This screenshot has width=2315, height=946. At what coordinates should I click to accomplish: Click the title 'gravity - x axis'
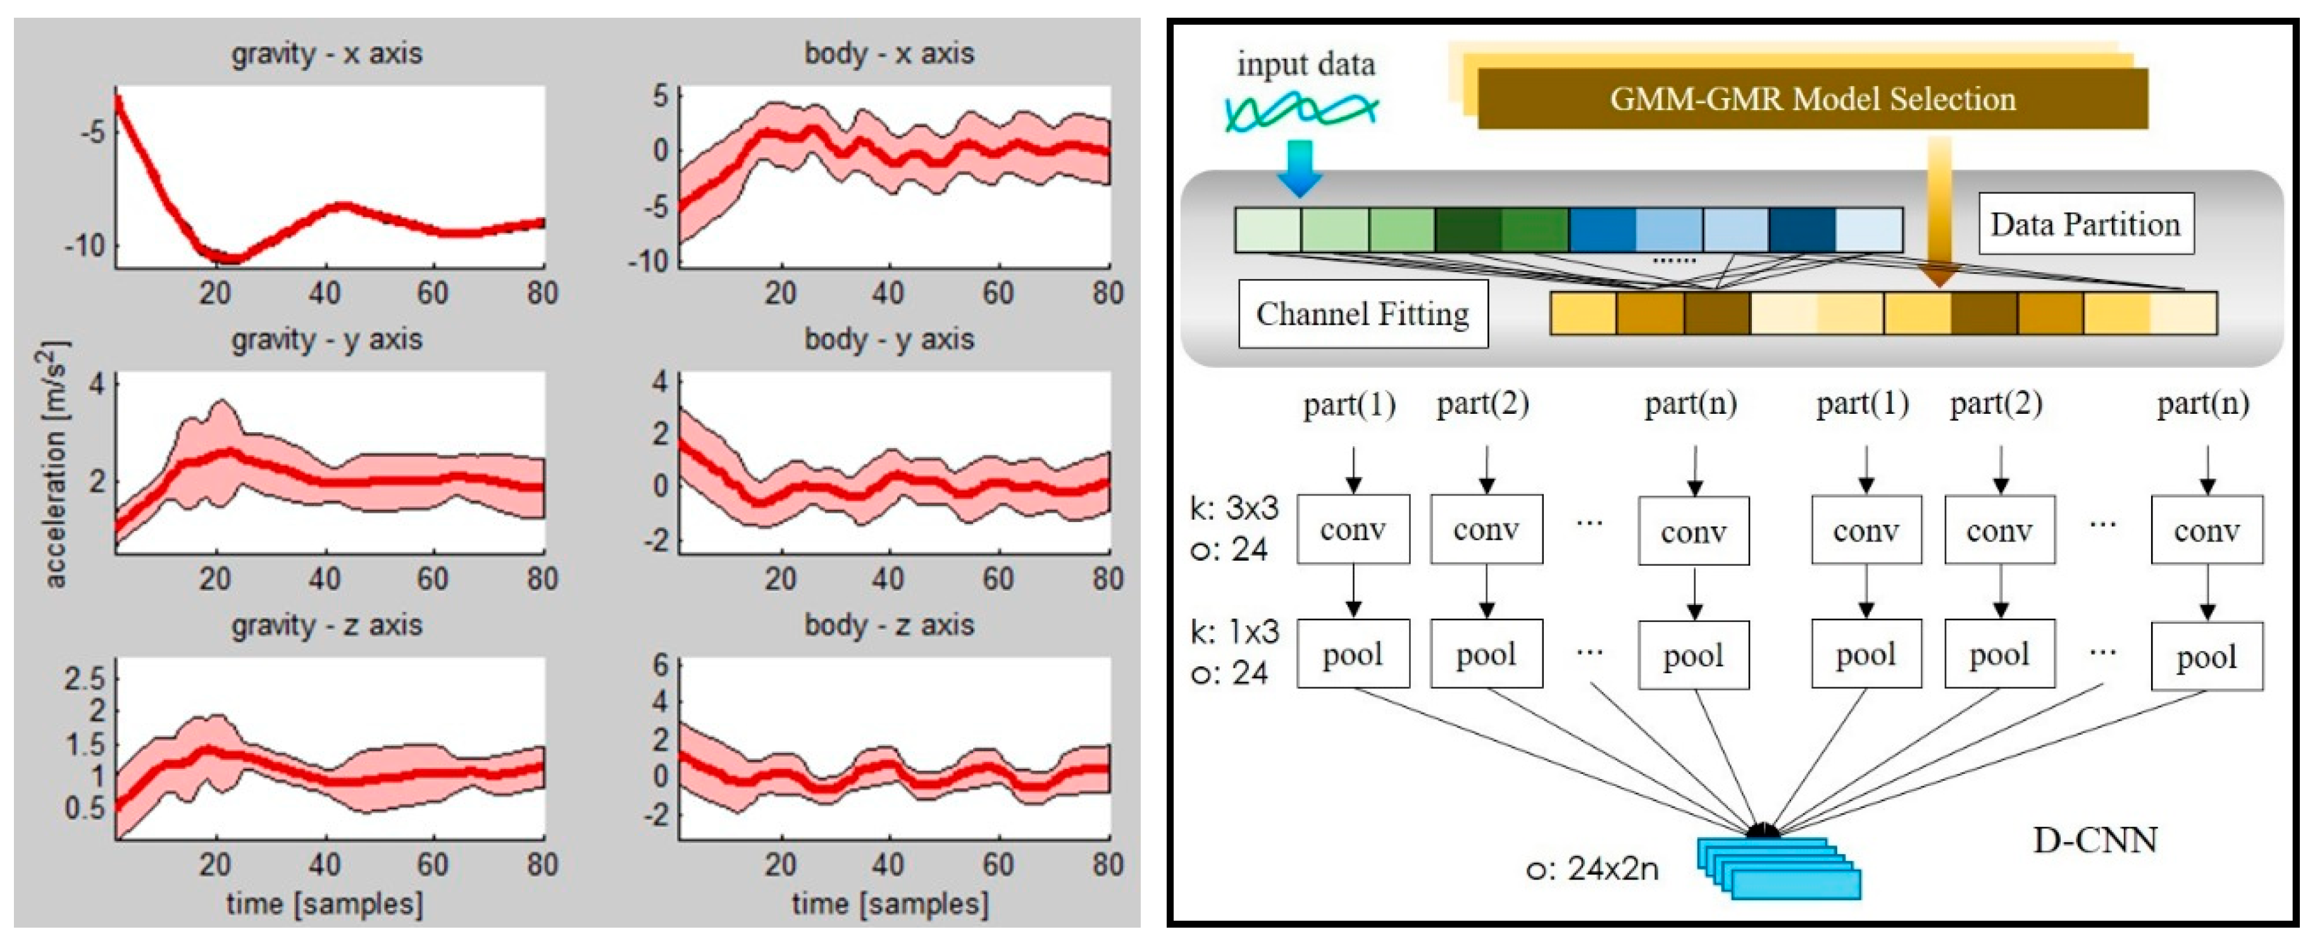point(326,54)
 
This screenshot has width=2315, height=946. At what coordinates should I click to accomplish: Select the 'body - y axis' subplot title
point(889,340)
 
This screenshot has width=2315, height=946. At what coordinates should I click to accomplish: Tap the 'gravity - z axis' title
point(326,625)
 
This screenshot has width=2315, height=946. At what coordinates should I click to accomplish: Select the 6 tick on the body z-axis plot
point(661,666)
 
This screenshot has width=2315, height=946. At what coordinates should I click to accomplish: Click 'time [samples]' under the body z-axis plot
point(889,904)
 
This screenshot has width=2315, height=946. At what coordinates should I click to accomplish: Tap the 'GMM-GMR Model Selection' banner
point(1812,99)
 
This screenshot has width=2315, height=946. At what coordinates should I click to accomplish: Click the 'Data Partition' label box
point(2085,224)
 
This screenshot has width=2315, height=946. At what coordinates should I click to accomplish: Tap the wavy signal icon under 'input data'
point(1301,112)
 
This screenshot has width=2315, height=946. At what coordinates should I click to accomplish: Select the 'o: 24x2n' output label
point(1592,869)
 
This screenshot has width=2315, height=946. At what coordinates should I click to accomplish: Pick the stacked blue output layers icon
point(1778,867)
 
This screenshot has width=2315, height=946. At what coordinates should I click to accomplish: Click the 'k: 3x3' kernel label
point(1233,509)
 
